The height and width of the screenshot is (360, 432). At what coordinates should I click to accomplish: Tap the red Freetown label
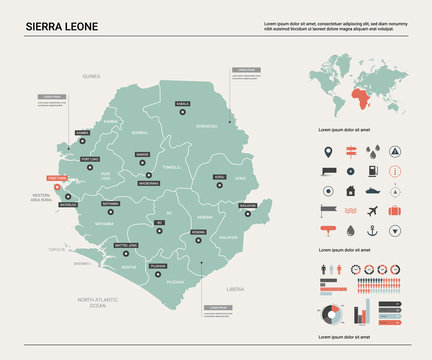tap(58, 178)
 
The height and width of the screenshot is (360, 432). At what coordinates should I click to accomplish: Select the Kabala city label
tap(182, 103)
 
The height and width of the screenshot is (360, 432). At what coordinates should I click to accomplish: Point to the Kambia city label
tap(82, 132)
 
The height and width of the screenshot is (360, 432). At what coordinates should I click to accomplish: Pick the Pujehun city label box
tap(158, 266)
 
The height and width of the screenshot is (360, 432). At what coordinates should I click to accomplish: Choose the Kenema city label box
tap(198, 232)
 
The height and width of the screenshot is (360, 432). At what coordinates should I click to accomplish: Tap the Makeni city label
tap(143, 155)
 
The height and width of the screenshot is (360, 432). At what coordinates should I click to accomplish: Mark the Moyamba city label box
tap(110, 203)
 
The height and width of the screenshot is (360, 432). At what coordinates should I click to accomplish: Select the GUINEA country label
tap(92, 75)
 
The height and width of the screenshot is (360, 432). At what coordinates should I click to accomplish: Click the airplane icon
tap(372, 211)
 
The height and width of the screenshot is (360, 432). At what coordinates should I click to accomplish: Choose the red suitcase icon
tap(395, 211)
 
